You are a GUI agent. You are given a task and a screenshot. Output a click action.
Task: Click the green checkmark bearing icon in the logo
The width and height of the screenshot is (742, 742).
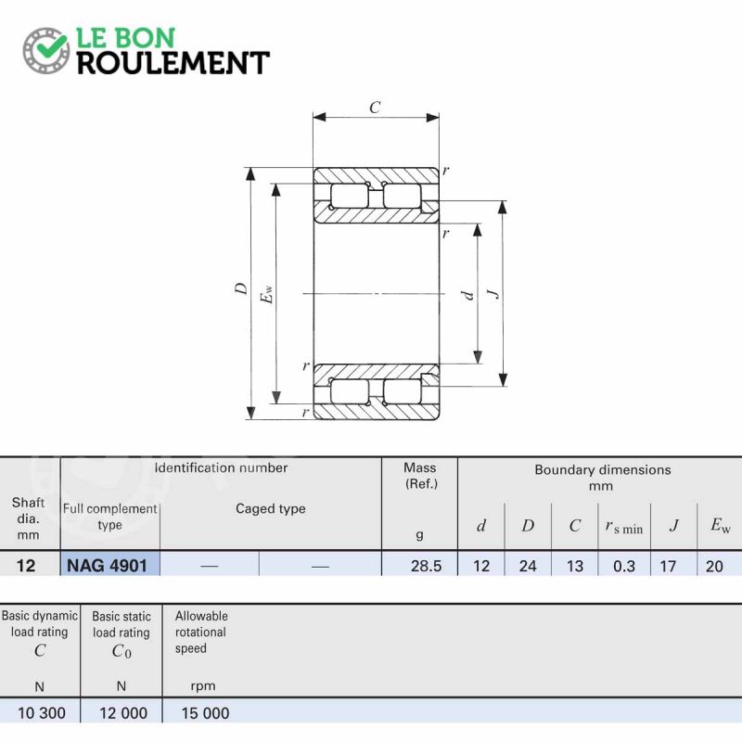[x=45, y=50]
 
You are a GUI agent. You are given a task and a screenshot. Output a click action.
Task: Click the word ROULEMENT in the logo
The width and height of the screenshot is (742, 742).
[x=173, y=63]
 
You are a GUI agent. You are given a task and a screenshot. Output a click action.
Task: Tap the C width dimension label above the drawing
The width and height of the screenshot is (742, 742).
[x=375, y=108]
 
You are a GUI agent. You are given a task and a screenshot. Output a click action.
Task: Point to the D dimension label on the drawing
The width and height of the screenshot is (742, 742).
[x=241, y=288]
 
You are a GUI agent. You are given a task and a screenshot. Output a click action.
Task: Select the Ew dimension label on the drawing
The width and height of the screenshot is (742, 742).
[x=266, y=293]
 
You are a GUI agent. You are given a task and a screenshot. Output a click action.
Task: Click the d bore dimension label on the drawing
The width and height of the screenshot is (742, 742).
[x=468, y=295]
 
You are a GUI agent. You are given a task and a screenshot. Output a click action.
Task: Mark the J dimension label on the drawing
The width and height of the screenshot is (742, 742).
[x=493, y=293]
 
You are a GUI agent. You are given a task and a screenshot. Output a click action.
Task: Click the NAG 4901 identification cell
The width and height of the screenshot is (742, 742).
[x=108, y=566]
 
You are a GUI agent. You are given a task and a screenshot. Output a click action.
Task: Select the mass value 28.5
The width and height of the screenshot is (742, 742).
[x=426, y=566]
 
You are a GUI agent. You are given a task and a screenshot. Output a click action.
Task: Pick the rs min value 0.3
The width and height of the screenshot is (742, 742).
[x=623, y=566]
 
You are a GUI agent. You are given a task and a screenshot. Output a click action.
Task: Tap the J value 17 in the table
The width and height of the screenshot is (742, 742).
[x=668, y=566]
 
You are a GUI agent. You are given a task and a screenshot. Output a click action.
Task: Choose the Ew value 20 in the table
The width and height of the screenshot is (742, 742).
[x=714, y=566]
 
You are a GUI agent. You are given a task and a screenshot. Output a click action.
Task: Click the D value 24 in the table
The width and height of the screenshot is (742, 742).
[x=528, y=566]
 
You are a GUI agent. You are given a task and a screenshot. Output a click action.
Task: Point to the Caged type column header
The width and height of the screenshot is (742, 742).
[x=271, y=509]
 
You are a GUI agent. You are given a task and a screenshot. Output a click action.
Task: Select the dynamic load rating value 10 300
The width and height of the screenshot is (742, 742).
[x=42, y=713]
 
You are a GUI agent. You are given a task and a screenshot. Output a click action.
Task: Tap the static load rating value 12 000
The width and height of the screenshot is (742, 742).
[x=123, y=713]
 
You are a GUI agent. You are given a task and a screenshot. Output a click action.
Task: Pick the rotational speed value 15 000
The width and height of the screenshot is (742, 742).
[x=205, y=713]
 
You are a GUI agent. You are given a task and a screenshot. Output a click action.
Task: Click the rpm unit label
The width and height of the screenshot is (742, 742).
[x=203, y=686]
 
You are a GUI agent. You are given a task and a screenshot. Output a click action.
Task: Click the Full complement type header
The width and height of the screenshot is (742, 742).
[x=109, y=517]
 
